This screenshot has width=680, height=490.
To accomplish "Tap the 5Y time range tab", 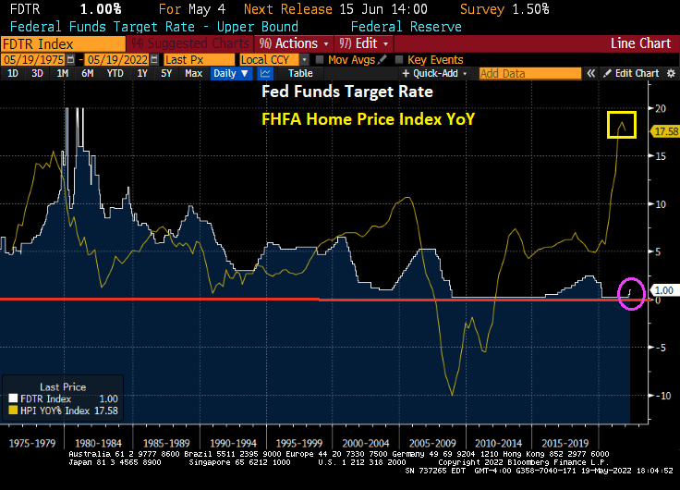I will pyautogui.click(x=165, y=73).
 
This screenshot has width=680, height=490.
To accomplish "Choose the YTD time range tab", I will pyautogui.click(x=115, y=73).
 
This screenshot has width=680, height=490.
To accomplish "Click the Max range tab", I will pyautogui.click(x=193, y=73).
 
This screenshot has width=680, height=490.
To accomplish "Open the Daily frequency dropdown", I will pyautogui.click(x=230, y=73).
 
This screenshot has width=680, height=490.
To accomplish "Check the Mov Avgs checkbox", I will pyautogui.click(x=320, y=59).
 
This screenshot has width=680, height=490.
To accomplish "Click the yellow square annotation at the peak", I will pyautogui.click(x=622, y=124).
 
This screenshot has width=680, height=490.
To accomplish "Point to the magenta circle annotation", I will pyautogui.click(x=631, y=293).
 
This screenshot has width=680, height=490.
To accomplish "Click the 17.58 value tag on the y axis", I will pyautogui.click(x=664, y=131).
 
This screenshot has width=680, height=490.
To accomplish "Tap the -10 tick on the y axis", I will pyautogui.click(x=659, y=395).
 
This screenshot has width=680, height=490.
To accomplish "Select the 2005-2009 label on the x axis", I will pyautogui.click(x=432, y=443).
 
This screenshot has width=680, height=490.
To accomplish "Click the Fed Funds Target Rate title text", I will pyautogui.click(x=346, y=92).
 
